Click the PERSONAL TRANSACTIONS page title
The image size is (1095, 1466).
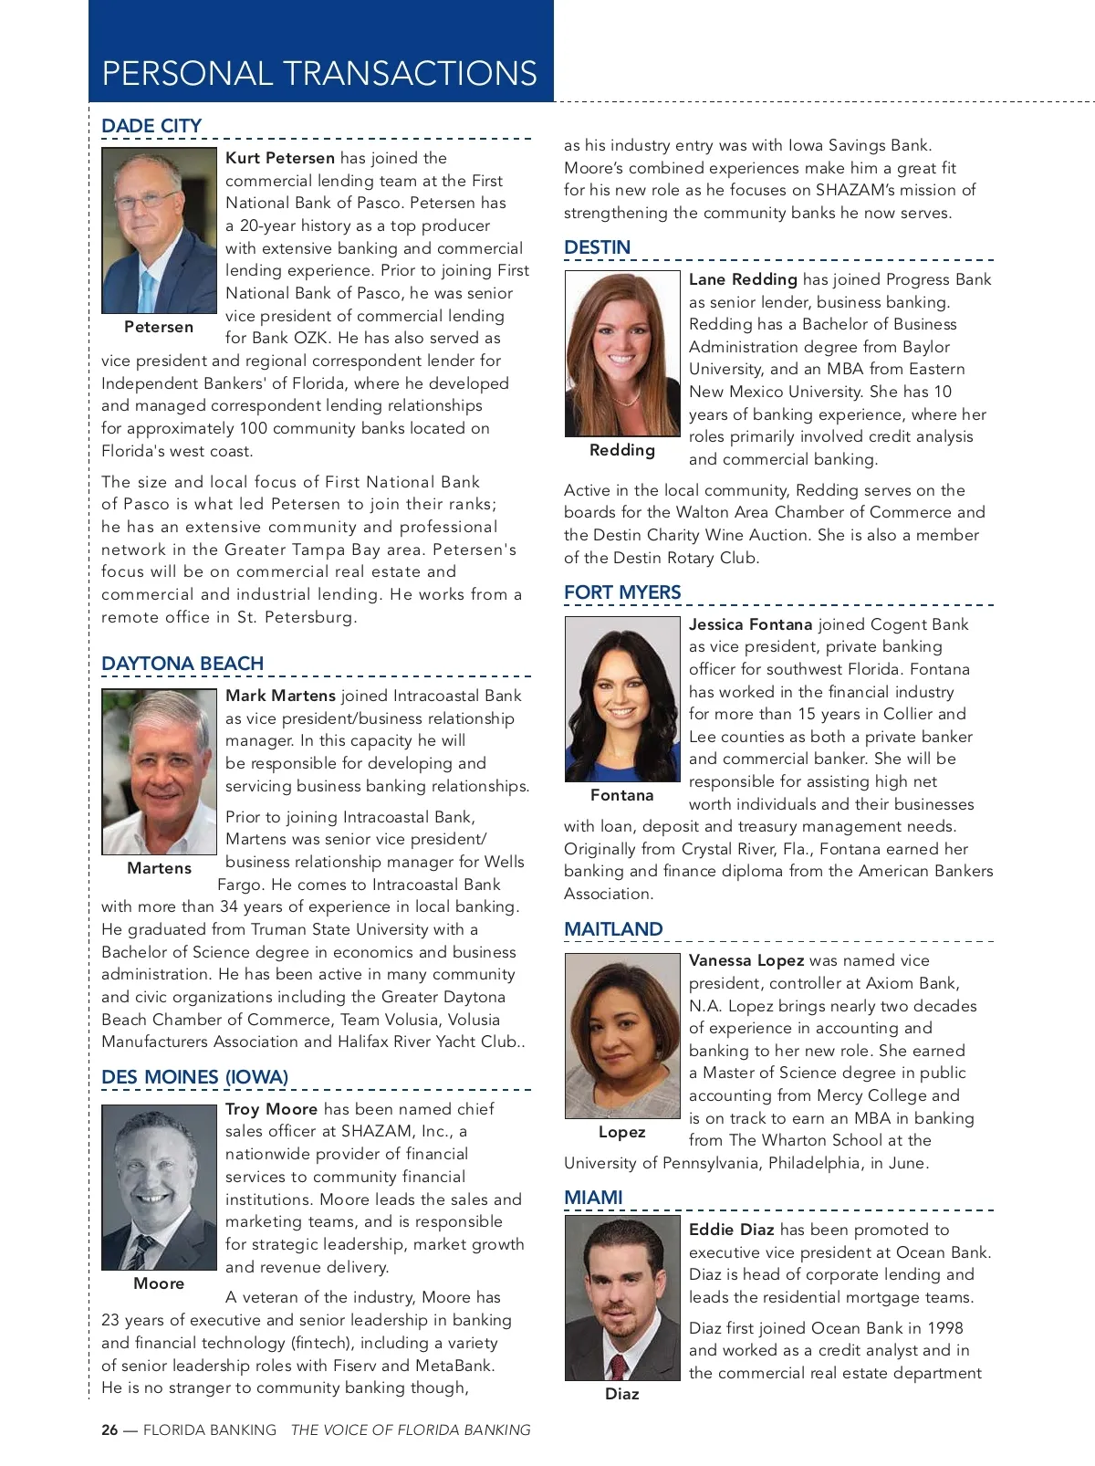pos(319,73)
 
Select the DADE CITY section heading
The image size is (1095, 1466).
pos(151,126)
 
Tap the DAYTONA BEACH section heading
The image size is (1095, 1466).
pos(182,664)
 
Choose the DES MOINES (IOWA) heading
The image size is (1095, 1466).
pos(194,1077)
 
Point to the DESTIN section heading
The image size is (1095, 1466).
pos(597,247)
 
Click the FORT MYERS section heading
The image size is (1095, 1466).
pos(622,592)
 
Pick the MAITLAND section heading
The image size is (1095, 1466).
pos(613,929)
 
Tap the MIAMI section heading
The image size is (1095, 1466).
pos(593,1198)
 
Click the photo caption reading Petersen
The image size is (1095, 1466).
pos(159,327)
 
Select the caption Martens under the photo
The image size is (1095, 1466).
pos(159,868)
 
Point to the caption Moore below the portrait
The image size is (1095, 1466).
pos(159,1283)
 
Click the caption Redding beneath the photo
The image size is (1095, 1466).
pos(622,450)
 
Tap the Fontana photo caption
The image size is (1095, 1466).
pos(622,795)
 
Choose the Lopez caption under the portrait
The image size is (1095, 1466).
pos(622,1132)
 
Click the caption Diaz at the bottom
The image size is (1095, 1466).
pos(622,1394)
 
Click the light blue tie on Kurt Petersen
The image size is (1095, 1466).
pos(147,290)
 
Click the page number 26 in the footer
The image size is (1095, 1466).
pos(109,1430)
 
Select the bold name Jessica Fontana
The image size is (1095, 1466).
pos(750,624)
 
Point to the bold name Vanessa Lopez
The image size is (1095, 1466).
pos(746,960)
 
